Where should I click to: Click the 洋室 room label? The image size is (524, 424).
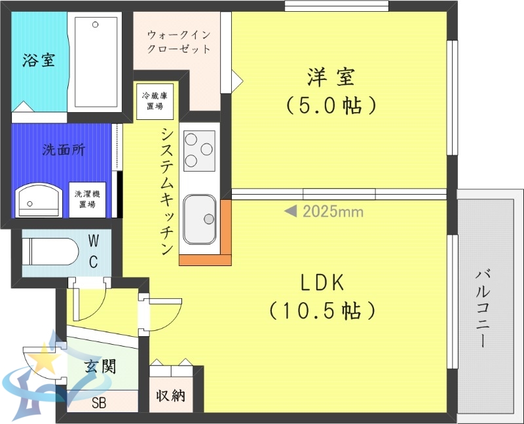pyautogui.click(x=331, y=77)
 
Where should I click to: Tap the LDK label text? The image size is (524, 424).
pyautogui.click(x=322, y=283)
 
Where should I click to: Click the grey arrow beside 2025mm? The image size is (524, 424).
pyautogui.click(x=291, y=212)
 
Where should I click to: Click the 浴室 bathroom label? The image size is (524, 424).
pyautogui.click(x=39, y=61)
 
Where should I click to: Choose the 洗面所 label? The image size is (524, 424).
pyautogui.click(x=64, y=149)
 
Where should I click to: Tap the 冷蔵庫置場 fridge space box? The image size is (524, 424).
pyautogui.click(x=150, y=101)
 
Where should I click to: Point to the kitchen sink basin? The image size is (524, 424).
pyautogui.click(x=200, y=219)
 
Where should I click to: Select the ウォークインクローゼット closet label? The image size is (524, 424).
pyautogui.click(x=179, y=41)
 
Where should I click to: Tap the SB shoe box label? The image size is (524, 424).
pyautogui.click(x=99, y=402)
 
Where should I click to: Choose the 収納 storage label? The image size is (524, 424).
pyautogui.click(x=170, y=396)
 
